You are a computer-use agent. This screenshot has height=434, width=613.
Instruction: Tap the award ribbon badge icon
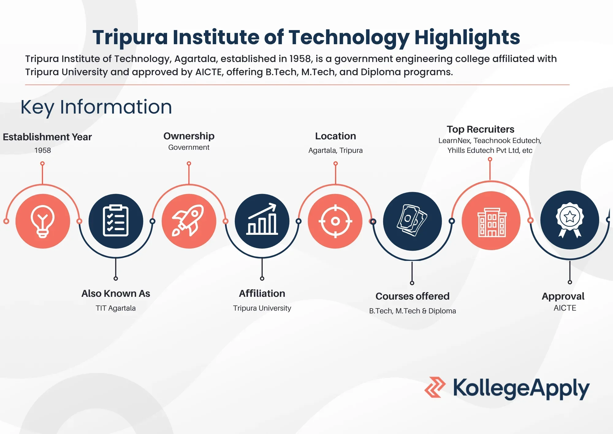click(x=569, y=220)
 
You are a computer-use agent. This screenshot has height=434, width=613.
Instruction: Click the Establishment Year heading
click(x=47, y=137)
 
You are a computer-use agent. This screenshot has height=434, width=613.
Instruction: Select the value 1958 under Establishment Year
click(x=43, y=150)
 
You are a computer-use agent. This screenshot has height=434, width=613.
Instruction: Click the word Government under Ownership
click(x=189, y=147)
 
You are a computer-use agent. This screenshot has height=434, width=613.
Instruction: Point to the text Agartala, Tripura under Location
click(x=335, y=150)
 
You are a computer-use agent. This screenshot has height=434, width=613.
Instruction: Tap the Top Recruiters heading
click(x=480, y=129)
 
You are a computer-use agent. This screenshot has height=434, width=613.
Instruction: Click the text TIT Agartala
click(x=116, y=308)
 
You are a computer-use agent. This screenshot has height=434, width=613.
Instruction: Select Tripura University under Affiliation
click(x=262, y=308)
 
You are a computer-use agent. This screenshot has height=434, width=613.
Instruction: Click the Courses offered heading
click(x=412, y=296)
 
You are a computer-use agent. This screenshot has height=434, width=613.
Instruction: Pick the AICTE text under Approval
click(x=565, y=308)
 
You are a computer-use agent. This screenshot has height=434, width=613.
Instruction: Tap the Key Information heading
click(x=96, y=107)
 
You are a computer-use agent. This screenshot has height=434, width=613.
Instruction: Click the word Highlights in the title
click(x=467, y=37)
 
